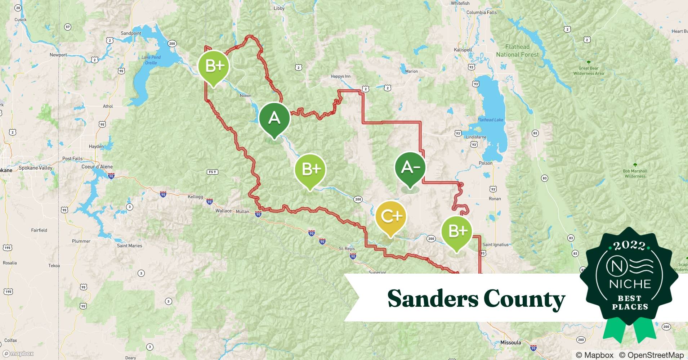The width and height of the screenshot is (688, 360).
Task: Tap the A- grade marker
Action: [x=410, y=167]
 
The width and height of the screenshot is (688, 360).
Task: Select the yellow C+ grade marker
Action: [x=391, y=216]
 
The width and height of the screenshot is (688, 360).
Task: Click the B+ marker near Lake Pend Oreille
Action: [x=214, y=66]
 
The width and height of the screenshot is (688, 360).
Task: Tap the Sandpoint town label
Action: [x=131, y=33]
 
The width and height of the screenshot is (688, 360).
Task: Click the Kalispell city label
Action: [x=463, y=50]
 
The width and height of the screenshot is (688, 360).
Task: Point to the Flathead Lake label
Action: [x=490, y=120]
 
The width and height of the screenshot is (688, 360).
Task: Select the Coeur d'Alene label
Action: [x=97, y=167]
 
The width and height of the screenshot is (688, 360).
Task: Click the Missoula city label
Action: [x=511, y=342]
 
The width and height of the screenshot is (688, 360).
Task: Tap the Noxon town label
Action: [x=245, y=96]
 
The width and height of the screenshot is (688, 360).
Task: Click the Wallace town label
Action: [x=223, y=211]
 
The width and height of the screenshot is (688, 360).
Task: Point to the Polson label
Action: [x=486, y=163]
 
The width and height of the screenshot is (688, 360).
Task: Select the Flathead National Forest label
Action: [x=517, y=51]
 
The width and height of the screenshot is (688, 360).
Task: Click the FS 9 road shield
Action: [x=213, y=172]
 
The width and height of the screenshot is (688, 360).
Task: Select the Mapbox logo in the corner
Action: [x=18, y=354]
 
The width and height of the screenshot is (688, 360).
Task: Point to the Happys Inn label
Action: [x=340, y=76]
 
